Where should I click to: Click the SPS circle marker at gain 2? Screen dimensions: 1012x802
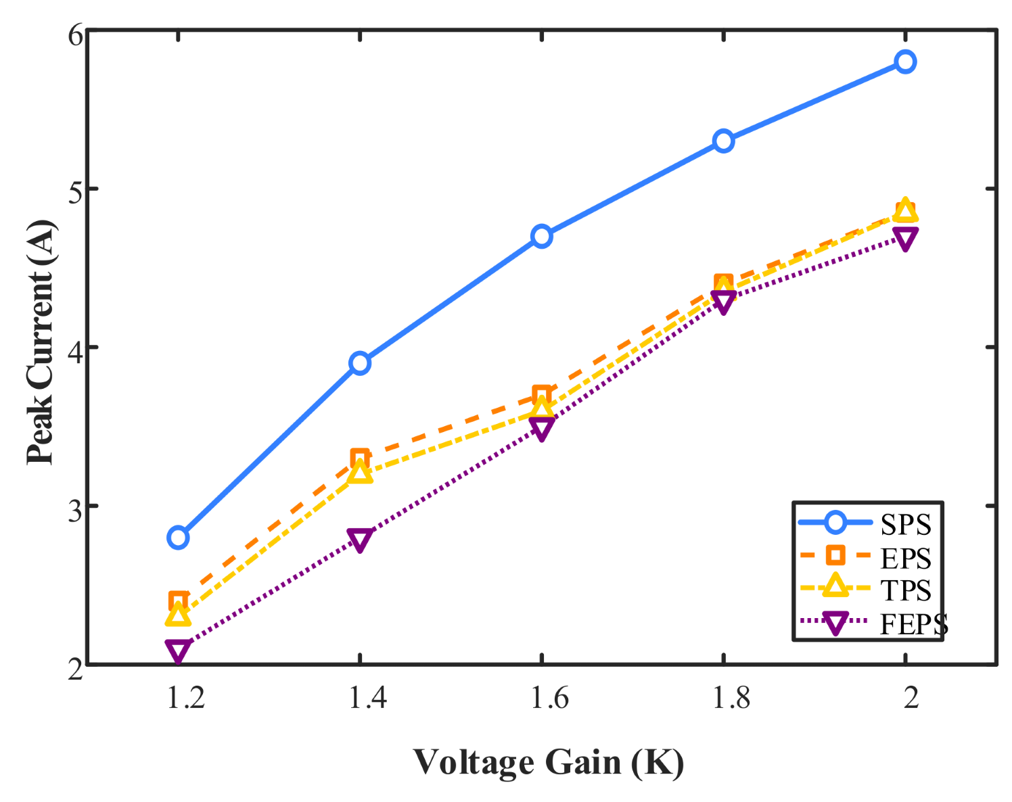pyautogui.click(x=905, y=62)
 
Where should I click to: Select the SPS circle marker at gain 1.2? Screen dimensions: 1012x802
pyautogui.click(x=178, y=538)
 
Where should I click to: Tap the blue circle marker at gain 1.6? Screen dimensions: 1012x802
pyautogui.click(x=542, y=236)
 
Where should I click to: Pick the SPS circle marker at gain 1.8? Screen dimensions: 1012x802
pyautogui.click(x=724, y=141)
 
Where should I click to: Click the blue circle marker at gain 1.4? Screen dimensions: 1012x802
pyautogui.click(x=360, y=363)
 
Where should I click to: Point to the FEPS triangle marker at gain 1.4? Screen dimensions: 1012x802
pyautogui.click(x=360, y=539)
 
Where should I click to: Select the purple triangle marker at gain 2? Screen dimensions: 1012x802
pyautogui.click(x=905, y=238)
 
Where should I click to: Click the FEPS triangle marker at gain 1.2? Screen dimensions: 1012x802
pyautogui.click(x=178, y=650)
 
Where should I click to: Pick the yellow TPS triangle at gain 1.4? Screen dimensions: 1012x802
pyautogui.click(x=360, y=472)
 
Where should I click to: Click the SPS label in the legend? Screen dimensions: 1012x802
pyautogui.click(x=906, y=525)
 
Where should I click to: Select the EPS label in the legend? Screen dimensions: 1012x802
pyautogui.click(x=906, y=559)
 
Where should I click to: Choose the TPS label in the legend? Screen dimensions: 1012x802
pyautogui.click(x=906, y=591)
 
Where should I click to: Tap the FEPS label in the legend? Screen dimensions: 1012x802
pyautogui.click(x=914, y=624)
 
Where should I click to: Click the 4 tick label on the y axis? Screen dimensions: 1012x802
pyautogui.click(x=76, y=348)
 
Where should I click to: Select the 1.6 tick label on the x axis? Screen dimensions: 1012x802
pyautogui.click(x=549, y=697)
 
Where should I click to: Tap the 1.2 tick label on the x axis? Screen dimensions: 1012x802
pyautogui.click(x=186, y=697)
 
